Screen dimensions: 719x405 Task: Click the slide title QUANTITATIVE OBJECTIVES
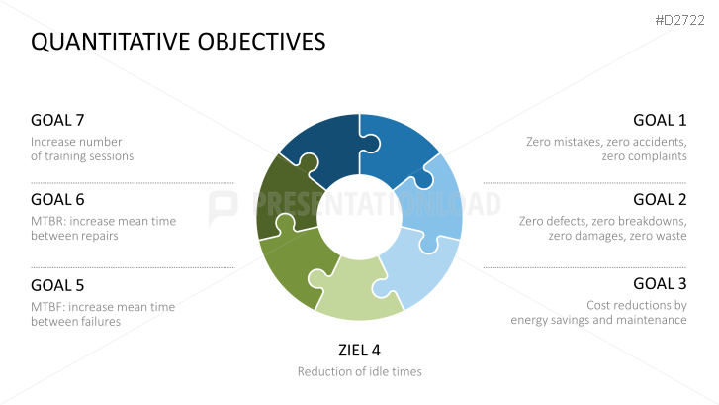click(178, 42)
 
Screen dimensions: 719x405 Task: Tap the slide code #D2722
click(680, 20)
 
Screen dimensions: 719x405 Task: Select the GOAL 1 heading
click(660, 120)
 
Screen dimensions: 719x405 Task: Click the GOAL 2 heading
click(660, 200)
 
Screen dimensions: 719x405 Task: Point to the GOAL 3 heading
click(660, 284)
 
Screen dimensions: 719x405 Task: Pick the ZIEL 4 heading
click(360, 351)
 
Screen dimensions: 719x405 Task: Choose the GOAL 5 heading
click(57, 285)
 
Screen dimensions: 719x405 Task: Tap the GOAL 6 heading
click(57, 200)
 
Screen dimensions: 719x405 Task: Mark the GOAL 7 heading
click(57, 120)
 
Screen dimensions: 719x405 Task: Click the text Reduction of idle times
click(360, 371)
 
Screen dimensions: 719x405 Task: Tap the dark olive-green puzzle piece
click(284, 197)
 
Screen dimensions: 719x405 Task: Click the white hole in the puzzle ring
click(360, 217)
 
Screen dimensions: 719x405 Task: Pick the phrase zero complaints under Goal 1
click(644, 156)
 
